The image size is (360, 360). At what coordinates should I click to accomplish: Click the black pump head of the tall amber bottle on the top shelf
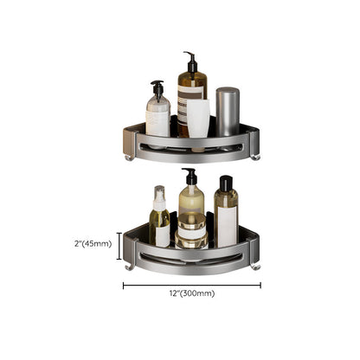point(190,61)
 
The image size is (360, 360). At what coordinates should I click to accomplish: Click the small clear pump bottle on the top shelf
point(157,112)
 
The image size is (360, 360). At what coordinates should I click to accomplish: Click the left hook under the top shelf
point(129,157)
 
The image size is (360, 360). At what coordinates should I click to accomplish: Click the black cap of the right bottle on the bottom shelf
point(225,183)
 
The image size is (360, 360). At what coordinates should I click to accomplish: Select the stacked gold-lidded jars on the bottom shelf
point(192,235)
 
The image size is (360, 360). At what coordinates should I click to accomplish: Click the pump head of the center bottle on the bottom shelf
point(190,177)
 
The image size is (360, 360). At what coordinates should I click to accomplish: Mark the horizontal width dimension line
point(191,283)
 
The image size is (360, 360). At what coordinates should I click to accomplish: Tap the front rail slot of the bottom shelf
point(192,257)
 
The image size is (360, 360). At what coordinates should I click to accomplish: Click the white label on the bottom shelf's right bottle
point(227,224)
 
